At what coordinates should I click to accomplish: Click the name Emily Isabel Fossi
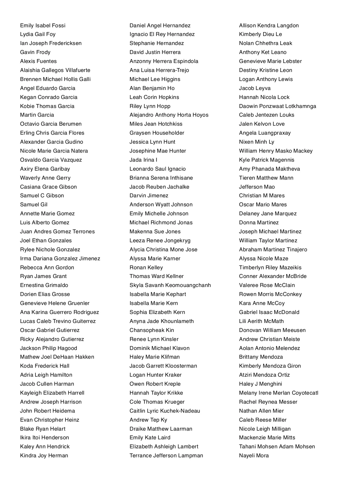click(43, 25)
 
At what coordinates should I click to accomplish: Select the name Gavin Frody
click(35, 52)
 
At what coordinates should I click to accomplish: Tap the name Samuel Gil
click(34, 205)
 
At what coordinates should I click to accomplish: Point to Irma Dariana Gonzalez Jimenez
click(60, 258)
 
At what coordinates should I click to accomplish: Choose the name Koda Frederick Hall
click(45, 366)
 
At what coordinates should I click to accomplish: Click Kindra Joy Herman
click(44, 456)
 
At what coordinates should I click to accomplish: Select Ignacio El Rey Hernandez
click(162, 34)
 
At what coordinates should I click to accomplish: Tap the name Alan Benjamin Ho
click(152, 88)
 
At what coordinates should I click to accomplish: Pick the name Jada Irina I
click(143, 160)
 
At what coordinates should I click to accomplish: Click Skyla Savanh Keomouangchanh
click(170, 285)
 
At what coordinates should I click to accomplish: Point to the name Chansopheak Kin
click(152, 330)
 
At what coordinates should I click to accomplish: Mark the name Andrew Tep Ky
click(148, 420)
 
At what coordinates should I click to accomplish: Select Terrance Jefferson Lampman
click(166, 456)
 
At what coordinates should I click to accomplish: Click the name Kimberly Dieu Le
click(260, 34)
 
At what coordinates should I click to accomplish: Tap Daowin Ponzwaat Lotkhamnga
click(277, 106)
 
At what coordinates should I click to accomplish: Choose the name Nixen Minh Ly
click(256, 142)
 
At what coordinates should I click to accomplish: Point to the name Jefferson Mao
click(257, 187)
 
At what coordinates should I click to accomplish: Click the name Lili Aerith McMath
click(261, 321)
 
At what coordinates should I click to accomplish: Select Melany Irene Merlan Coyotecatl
click(278, 393)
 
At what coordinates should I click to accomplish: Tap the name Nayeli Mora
click(254, 456)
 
